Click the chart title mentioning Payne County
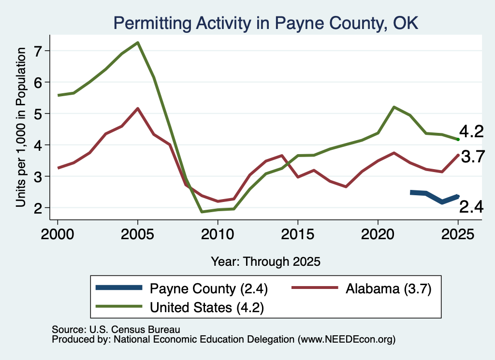[266, 23]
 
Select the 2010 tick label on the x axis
[218, 234]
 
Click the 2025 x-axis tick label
[458, 234]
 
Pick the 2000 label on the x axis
[58, 234]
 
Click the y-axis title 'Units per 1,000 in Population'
[21, 127]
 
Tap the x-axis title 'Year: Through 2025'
[265, 261]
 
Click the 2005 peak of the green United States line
[138, 43]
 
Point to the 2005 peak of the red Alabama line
[138, 109]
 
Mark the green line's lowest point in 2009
[202, 212]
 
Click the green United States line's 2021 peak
[393, 107]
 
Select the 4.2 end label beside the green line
[471, 131]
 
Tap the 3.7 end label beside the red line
[473, 157]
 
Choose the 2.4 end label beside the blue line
[471, 207]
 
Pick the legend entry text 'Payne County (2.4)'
[209, 288]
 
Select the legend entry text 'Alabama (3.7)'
[388, 288]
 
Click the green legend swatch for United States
[119, 306]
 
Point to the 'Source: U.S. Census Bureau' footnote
[116, 330]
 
